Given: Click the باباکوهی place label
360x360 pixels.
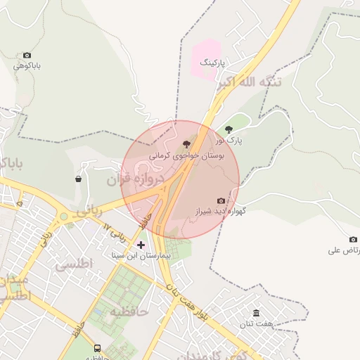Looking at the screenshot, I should [27, 66].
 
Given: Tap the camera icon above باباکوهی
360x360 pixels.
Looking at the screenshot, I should [27, 55].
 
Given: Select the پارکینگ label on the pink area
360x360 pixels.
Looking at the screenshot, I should [214, 63].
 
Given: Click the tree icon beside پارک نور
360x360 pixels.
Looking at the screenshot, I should [229, 129].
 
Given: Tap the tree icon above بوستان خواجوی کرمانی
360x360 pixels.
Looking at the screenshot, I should [186, 143].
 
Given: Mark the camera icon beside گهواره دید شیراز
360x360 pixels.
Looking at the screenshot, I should [221, 201].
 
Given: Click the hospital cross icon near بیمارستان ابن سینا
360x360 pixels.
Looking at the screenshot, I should [141, 245].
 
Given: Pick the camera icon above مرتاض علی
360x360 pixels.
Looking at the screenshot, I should [353, 239].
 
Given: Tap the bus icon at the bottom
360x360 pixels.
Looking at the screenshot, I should [97, 348].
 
